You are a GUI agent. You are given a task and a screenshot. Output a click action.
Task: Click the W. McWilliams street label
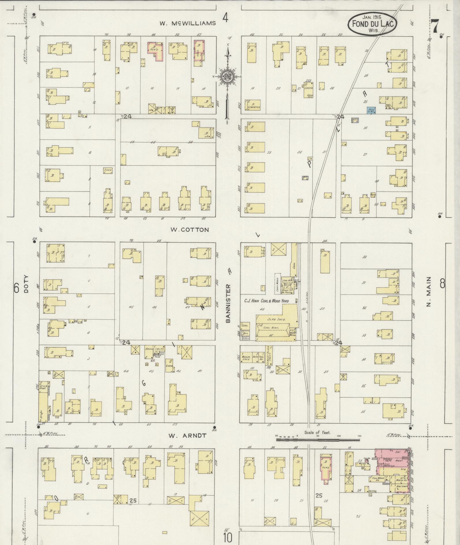point(188,23)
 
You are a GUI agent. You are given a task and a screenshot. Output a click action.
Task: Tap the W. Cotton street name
point(189,230)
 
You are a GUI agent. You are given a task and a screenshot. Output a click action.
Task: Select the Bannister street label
point(228,303)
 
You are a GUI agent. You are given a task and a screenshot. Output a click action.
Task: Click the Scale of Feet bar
point(318,440)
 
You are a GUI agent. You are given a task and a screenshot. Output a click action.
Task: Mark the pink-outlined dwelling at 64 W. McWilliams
point(156,50)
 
